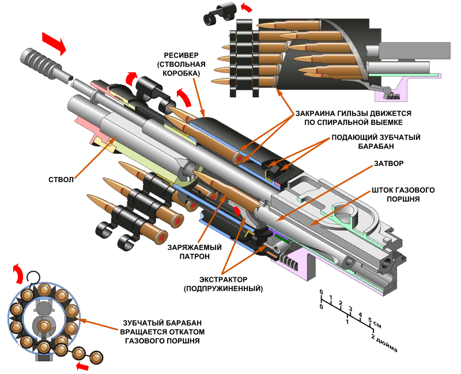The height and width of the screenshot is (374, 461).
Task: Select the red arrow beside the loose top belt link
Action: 247,7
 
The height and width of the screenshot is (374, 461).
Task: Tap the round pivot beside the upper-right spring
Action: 387,90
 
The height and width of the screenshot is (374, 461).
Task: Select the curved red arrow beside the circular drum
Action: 18,274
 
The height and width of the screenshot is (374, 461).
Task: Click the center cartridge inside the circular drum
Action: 44,327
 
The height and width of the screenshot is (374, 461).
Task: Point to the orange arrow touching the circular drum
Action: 98,325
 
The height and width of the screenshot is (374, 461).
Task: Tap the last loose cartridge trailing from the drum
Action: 96,357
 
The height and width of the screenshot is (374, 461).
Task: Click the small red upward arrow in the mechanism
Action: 236,209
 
